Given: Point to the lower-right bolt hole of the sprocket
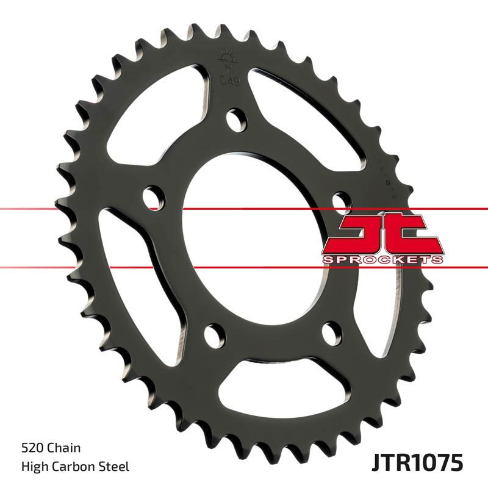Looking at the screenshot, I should click(x=330, y=332).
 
